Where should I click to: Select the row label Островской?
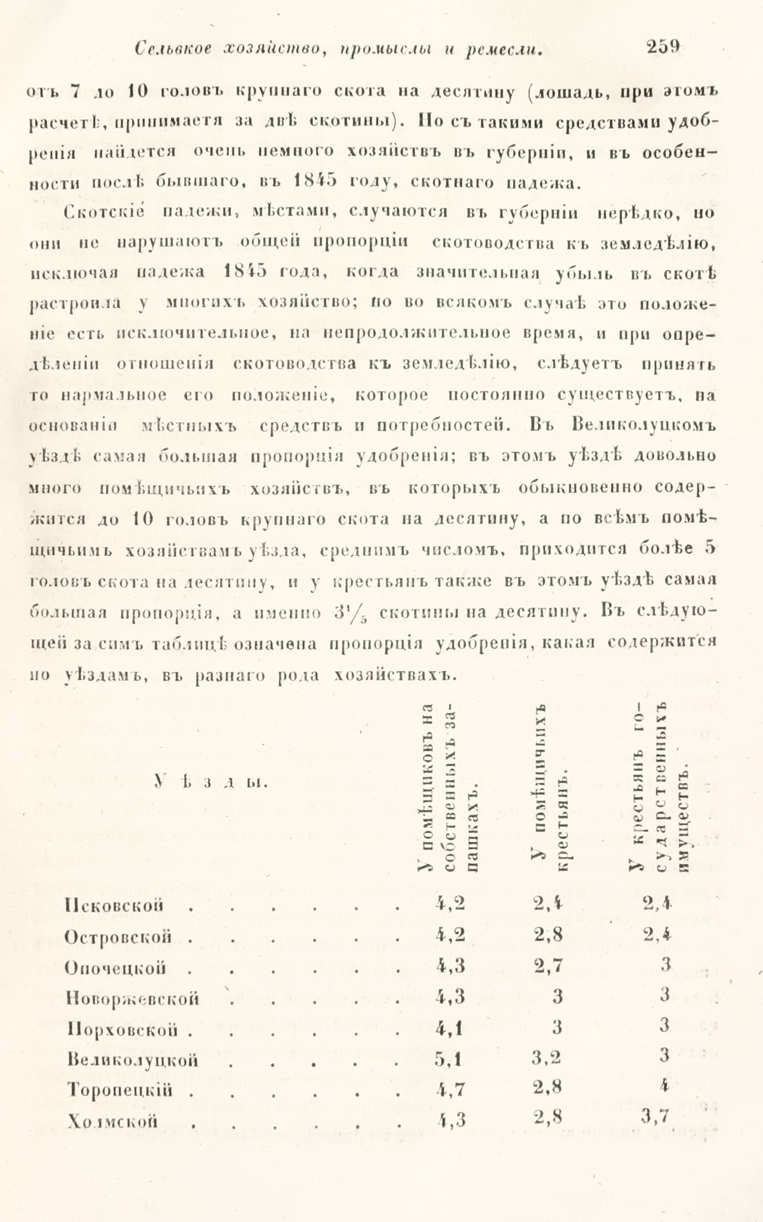tap(119, 936)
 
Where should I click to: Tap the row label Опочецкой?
tap(116, 967)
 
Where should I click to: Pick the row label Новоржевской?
tap(132, 998)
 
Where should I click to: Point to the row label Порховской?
tap(120, 1029)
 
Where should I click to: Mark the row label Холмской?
tap(111, 1122)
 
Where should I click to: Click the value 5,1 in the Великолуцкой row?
tap(450, 1059)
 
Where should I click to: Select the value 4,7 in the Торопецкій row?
tap(450, 1090)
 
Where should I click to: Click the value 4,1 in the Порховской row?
tap(450, 1028)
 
